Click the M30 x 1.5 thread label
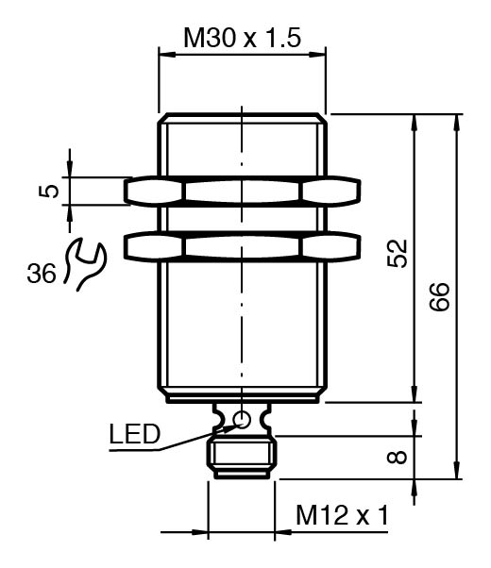point(243,38)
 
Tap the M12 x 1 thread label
point(342,515)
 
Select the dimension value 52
point(398,253)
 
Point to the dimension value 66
point(439,296)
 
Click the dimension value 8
point(397,458)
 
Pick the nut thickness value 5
point(48,191)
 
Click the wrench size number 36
point(42,273)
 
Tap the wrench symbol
point(84,263)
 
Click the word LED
point(134,434)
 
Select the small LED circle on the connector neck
point(242,420)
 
